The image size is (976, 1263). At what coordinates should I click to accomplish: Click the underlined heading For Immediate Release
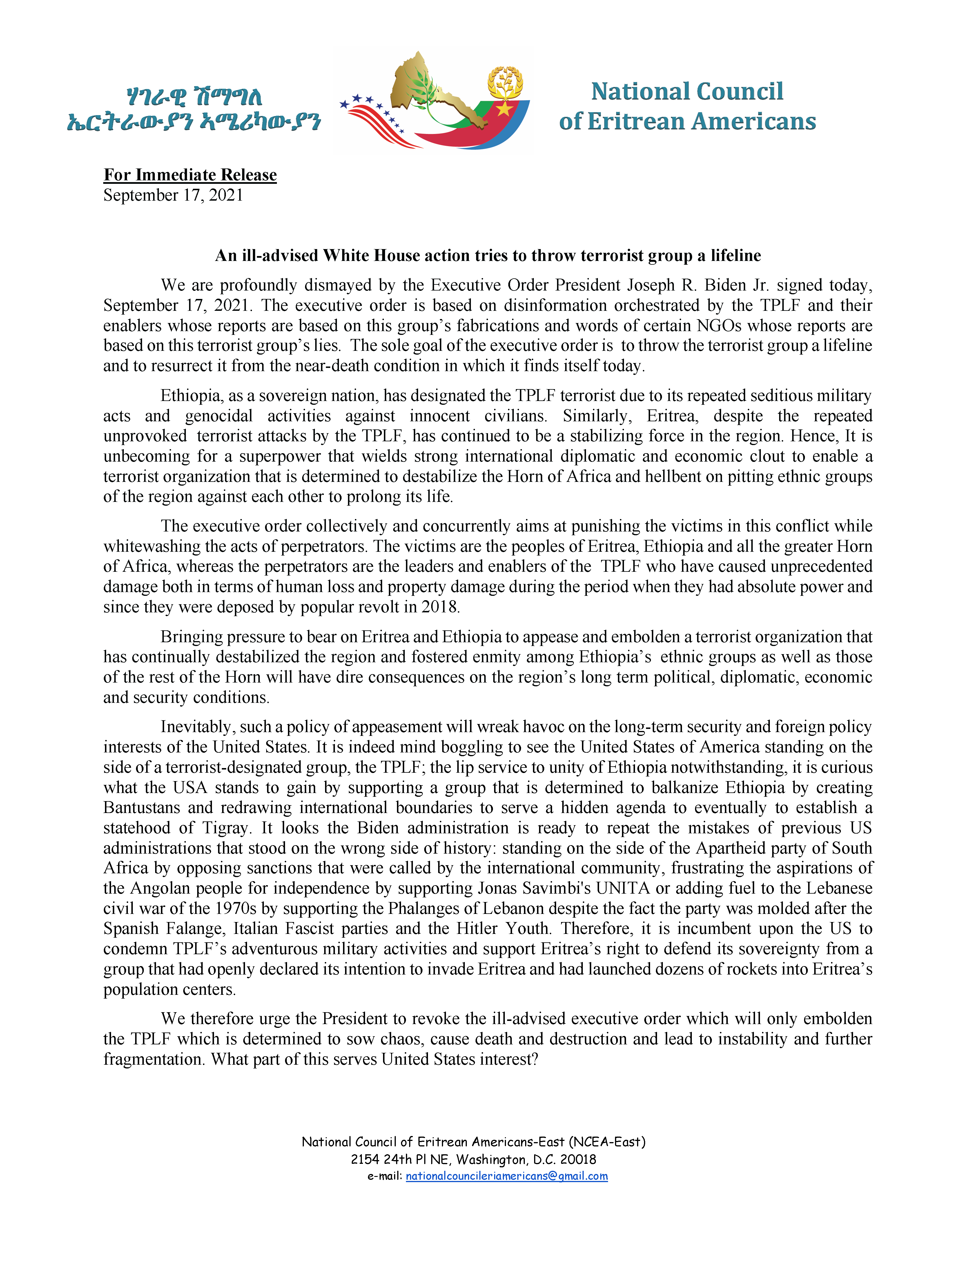pos(190,175)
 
